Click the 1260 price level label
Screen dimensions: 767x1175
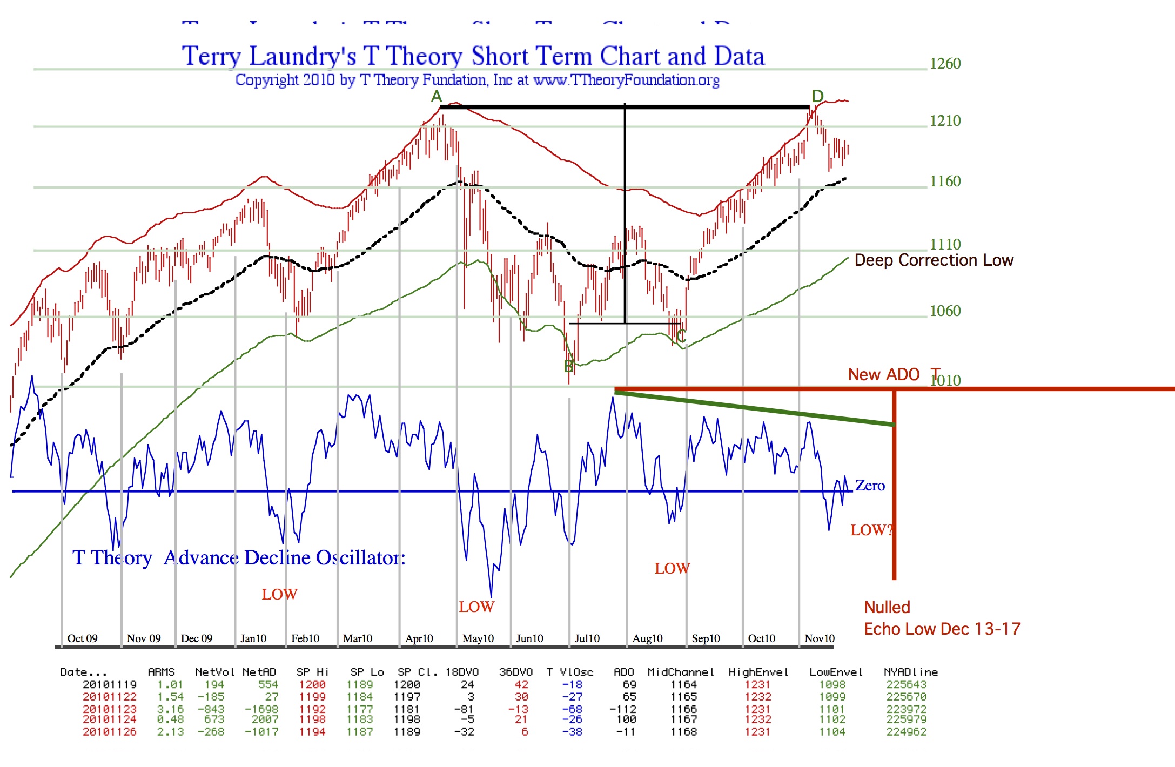(945, 64)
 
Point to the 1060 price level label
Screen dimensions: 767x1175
(945, 311)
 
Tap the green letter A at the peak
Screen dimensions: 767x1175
(437, 97)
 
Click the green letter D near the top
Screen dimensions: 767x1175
(817, 97)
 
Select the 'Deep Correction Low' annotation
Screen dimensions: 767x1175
(934, 260)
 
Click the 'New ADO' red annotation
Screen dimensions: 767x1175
(883, 374)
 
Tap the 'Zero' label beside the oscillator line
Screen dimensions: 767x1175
(870, 486)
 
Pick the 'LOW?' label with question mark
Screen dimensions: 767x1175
(871, 530)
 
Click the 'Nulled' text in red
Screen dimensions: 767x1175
(887, 607)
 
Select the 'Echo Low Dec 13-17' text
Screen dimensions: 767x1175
(942, 629)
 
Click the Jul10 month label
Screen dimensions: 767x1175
(587, 638)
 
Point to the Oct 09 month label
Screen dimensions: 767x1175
(82, 638)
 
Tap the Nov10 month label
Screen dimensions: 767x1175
(819, 638)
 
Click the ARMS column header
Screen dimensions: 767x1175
(161, 672)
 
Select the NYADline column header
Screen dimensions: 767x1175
(910, 672)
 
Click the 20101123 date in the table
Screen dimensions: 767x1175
(109, 709)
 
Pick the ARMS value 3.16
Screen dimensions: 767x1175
(170, 709)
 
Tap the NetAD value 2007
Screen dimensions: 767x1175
(265, 719)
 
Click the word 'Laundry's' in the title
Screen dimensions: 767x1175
(303, 56)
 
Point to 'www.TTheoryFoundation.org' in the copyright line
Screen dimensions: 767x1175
(626, 80)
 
